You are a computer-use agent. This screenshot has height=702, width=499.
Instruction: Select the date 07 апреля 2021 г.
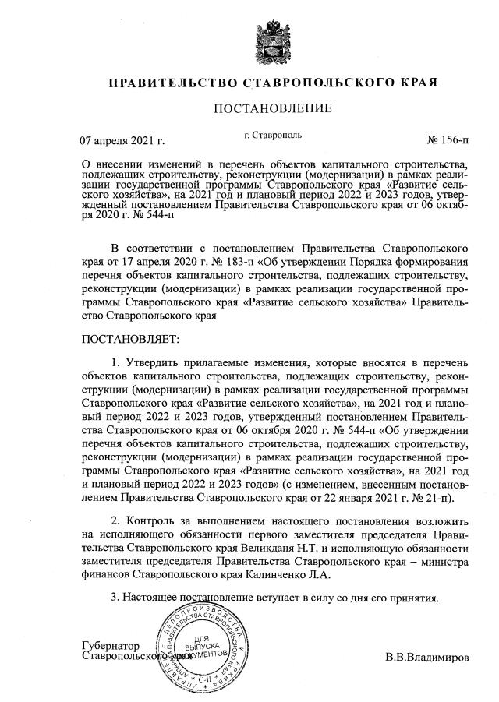click(x=124, y=142)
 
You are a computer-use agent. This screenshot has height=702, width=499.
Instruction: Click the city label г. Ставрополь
click(x=272, y=136)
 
